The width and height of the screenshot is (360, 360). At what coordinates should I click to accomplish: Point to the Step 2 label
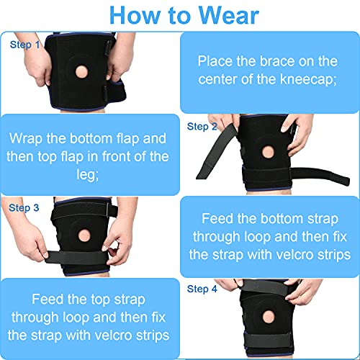202,127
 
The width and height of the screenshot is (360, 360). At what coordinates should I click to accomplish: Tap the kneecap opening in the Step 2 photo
268,153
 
